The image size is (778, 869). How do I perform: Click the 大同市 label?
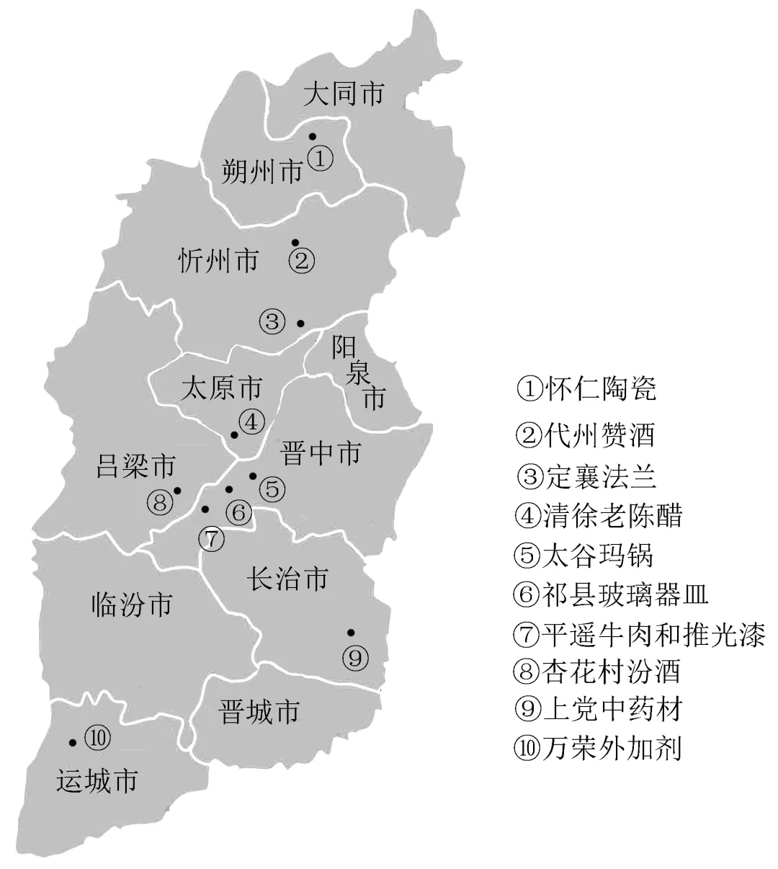click(x=343, y=94)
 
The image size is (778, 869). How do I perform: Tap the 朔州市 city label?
click(x=261, y=171)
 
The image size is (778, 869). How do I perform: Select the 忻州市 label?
click(x=218, y=259)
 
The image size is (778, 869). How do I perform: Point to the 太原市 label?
click(x=221, y=389)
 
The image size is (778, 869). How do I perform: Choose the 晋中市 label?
click(x=319, y=454)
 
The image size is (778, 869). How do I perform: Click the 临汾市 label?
click(x=133, y=604)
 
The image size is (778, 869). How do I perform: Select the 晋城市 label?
click(x=258, y=712)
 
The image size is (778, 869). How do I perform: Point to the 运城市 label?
click(x=97, y=782)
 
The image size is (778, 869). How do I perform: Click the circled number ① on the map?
click(x=321, y=158)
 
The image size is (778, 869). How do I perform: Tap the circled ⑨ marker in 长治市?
click(x=356, y=656)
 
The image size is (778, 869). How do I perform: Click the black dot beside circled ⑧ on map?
click(x=177, y=491)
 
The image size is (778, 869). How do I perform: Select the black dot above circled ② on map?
click(x=295, y=242)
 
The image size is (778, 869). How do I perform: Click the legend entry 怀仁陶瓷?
click(x=586, y=389)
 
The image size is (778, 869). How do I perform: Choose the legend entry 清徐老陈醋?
click(x=599, y=515)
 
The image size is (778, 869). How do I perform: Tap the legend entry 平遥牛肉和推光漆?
click(x=639, y=634)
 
